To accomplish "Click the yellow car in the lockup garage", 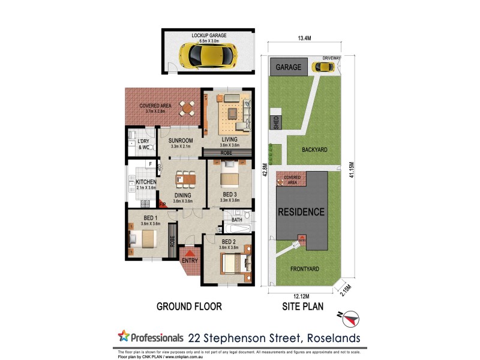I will [x=204, y=56].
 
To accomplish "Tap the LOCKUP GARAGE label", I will [x=209, y=36].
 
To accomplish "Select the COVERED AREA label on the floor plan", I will [x=152, y=106].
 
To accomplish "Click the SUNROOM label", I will [x=181, y=140].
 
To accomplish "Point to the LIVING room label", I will [x=230, y=140].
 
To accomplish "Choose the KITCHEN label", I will [x=146, y=182].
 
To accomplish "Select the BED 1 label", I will [x=150, y=218].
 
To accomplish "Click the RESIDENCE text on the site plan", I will [x=301, y=212].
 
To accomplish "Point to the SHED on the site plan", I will [x=277, y=122].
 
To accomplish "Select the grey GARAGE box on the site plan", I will [x=289, y=67].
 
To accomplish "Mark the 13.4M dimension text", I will [x=305, y=40].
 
